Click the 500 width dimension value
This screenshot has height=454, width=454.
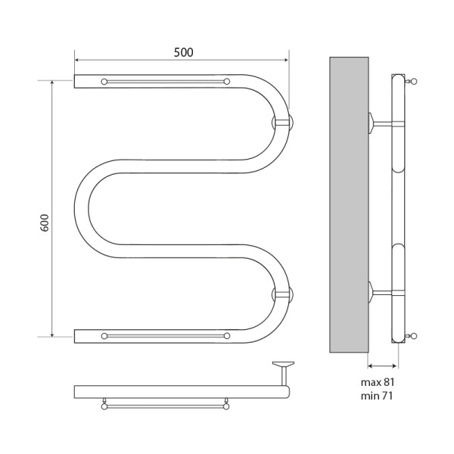coord(182,52)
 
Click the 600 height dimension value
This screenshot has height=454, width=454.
coord(44,223)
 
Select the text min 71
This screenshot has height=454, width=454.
coord(378,396)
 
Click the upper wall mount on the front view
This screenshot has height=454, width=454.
coord(284,122)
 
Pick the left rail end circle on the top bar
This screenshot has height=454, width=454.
coord(104,81)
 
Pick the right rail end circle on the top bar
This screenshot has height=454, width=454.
coord(226,81)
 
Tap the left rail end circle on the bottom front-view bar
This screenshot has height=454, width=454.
coord(104,335)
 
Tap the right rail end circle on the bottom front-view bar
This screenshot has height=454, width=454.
coord(226,335)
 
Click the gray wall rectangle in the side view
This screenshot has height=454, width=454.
coord(349,205)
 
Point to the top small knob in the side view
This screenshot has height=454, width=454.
coord(413,80)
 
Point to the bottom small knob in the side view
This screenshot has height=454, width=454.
coord(413,335)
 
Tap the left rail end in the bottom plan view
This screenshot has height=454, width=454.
coord(104,406)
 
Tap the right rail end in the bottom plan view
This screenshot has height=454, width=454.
coord(226,406)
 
